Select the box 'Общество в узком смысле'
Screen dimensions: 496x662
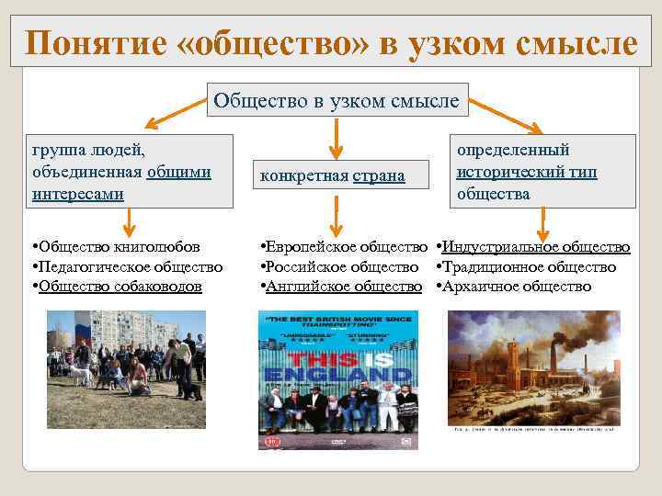click(336, 100)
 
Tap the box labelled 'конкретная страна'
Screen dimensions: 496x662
click(332, 175)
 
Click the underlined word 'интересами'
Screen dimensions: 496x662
click(78, 194)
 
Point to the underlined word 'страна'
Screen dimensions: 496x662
click(379, 175)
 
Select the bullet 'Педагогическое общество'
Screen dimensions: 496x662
click(127, 266)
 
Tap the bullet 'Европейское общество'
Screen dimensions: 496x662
click(345, 247)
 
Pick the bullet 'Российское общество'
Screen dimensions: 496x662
click(340, 266)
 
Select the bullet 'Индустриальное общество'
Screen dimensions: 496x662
click(533, 247)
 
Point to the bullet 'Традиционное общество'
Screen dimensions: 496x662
click(527, 266)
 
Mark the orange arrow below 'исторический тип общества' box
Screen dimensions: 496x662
click(543, 223)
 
